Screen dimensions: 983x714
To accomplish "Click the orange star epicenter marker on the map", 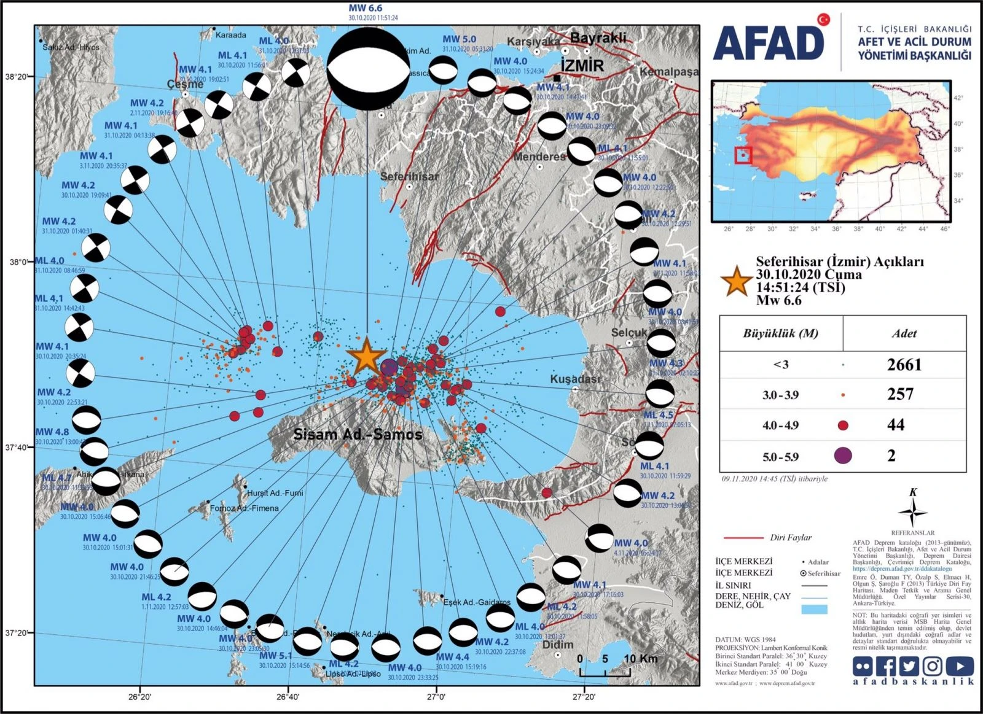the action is tap(366, 355).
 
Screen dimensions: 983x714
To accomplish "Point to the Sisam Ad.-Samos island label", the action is tap(358, 435).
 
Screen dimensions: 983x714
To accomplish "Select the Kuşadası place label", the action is tap(574, 379).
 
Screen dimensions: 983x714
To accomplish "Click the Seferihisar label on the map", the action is tap(409, 177).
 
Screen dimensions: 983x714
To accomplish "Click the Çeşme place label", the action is tap(185, 84).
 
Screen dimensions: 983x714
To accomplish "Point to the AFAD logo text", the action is tap(769, 44).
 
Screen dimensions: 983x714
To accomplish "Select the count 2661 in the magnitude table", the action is tap(904, 365).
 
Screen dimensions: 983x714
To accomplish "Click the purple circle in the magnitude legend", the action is tap(843, 456).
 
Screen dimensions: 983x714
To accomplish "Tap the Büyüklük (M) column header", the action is tap(780, 333).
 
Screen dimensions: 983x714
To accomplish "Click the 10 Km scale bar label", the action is tap(640, 659).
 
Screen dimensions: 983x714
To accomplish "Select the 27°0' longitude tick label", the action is tap(436, 697).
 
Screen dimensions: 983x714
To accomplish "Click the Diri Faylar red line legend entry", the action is tap(767, 537).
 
